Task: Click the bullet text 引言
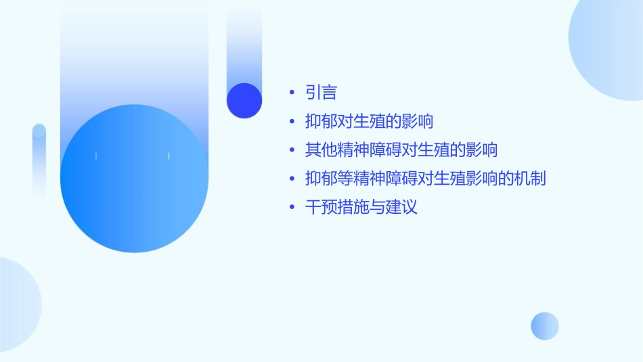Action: pyautogui.click(x=321, y=93)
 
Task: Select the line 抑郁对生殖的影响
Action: pyautogui.click(x=369, y=122)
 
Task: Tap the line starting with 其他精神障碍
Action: pyautogui.click(x=401, y=150)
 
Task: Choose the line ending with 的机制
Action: pyautogui.click(x=426, y=179)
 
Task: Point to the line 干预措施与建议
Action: pyautogui.click(x=361, y=207)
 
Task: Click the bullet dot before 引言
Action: pyautogui.click(x=291, y=93)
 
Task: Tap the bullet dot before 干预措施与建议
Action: pyautogui.click(x=291, y=207)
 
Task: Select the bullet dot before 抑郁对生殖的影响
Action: pyautogui.click(x=291, y=122)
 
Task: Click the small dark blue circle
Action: pyautogui.click(x=244, y=100)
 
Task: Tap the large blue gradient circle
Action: pyautogui.click(x=134, y=179)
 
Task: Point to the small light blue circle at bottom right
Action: pyautogui.click(x=545, y=325)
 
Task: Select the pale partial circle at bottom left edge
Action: pyautogui.click(x=17, y=304)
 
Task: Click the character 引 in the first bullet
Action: pyautogui.click(x=313, y=93)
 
